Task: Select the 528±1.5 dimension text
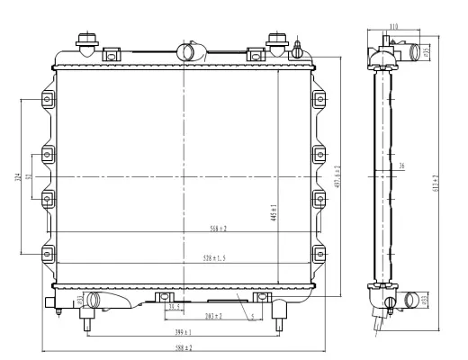tap(212, 258)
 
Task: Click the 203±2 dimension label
tap(212, 316)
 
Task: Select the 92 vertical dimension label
tap(30, 177)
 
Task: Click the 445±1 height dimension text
tap(274, 212)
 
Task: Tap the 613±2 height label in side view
tap(436, 184)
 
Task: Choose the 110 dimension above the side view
tap(393, 27)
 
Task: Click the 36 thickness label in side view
tap(401, 166)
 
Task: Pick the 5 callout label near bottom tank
tap(253, 316)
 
